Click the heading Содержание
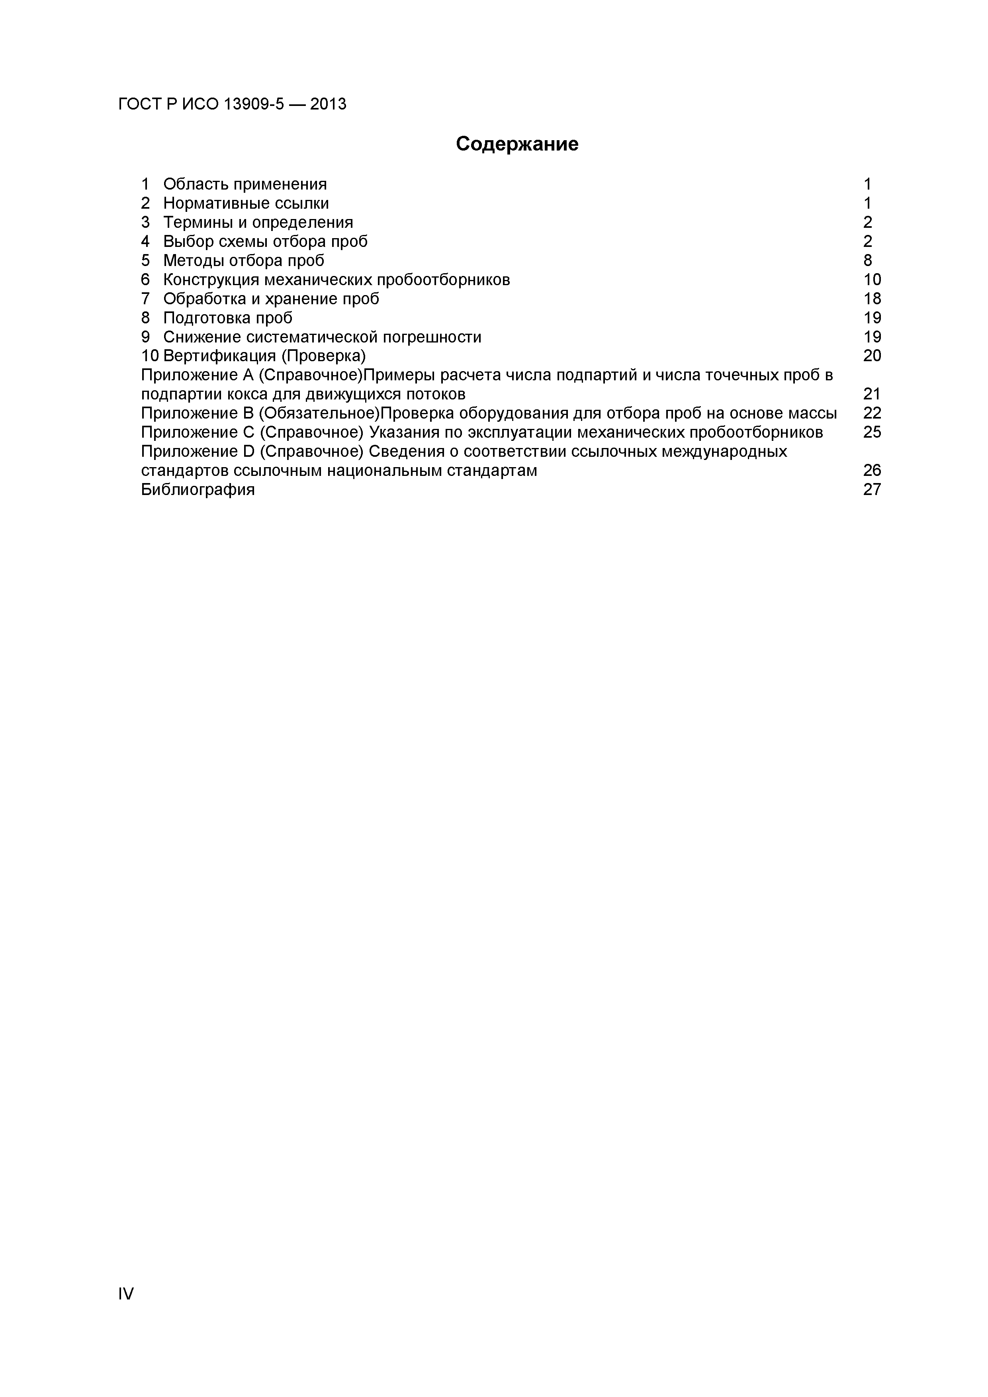tap(517, 144)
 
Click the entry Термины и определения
tap(258, 222)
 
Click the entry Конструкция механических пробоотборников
tap(337, 280)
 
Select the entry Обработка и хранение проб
tap(271, 299)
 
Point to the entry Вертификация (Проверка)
tap(265, 355)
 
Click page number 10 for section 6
tap(872, 280)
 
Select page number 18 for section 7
tap(872, 299)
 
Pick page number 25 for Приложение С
tap(872, 432)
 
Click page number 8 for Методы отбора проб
tap(868, 260)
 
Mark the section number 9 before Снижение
tap(145, 337)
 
